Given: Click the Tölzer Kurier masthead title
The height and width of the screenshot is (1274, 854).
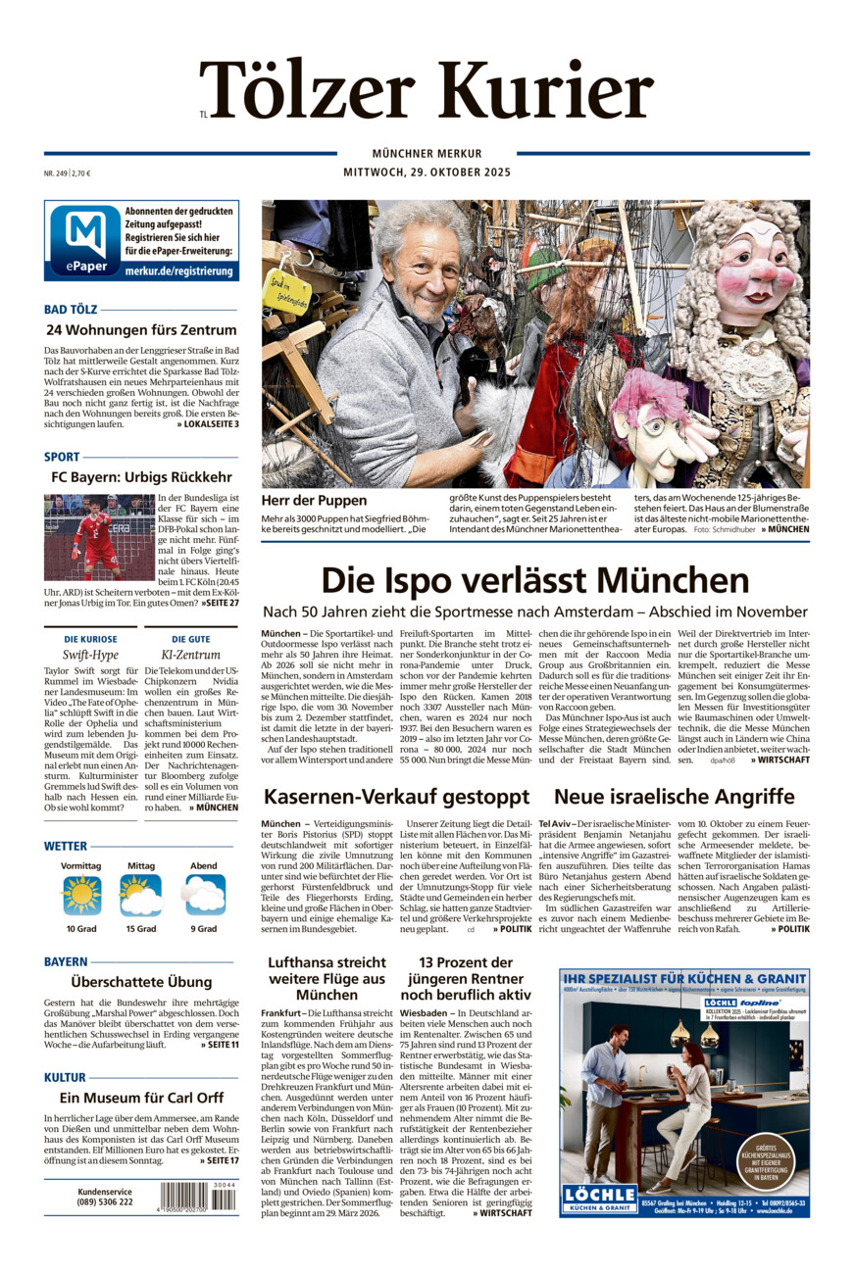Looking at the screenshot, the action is click(427, 90).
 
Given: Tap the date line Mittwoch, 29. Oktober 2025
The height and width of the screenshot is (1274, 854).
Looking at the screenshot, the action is click(427, 172).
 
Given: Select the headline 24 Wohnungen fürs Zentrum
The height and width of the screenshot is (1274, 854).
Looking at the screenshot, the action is click(141, 330).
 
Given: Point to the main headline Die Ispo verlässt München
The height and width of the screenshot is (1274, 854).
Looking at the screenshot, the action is click(534, 579).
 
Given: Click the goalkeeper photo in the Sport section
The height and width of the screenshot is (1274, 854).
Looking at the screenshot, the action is click(98, 537).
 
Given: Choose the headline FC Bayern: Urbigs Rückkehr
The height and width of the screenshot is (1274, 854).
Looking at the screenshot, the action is click(141, 477).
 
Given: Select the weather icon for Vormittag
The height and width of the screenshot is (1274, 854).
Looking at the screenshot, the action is click(81, 895).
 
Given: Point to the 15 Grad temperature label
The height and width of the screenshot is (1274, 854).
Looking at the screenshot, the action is click(141, 928).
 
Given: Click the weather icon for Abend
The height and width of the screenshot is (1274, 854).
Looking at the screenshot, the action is click(204, 895).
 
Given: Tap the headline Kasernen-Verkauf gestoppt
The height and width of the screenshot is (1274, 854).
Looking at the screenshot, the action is click(397, 796).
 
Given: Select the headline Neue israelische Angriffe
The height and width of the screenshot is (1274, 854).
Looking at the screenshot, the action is click(674, 796).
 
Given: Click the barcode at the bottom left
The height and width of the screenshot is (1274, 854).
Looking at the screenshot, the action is click(197, 1198).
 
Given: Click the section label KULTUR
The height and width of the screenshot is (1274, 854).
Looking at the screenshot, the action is click(65, 1077).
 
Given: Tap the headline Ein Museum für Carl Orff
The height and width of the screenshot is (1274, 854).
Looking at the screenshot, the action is click(141, 1098).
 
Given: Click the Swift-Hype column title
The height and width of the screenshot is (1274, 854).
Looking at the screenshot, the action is click(90, 655).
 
